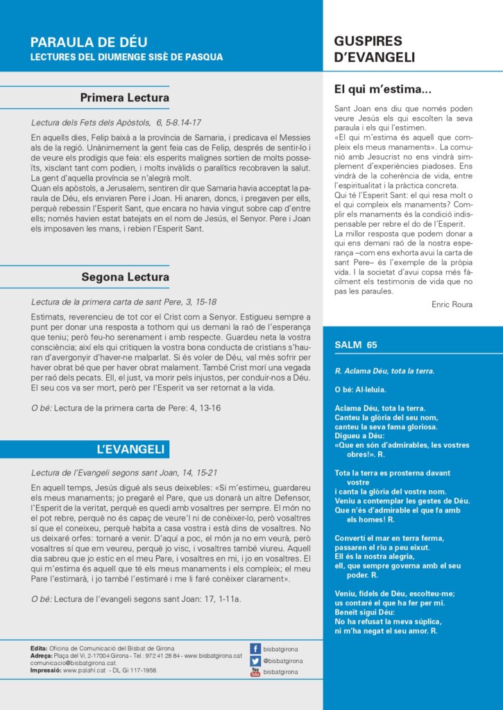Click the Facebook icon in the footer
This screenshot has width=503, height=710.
point(255,649)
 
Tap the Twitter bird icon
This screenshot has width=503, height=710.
point(255,661)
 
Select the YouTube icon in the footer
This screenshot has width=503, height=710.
point(255,672)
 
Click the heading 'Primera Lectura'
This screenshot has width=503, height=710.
point(125,97)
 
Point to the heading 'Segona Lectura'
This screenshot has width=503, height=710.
point(126,277)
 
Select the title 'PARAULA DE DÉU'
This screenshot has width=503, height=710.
point(89,42)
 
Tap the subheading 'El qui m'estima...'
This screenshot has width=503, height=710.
point(383,89)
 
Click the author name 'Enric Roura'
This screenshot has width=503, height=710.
point(452,304)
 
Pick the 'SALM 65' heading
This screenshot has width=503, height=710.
point(355,345)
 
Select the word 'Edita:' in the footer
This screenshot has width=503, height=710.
point(40,648)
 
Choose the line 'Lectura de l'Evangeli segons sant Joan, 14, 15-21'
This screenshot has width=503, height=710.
point(123,473)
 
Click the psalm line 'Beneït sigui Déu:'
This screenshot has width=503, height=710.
point(364,612)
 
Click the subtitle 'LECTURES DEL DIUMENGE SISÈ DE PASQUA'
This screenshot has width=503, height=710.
point(127,57)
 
